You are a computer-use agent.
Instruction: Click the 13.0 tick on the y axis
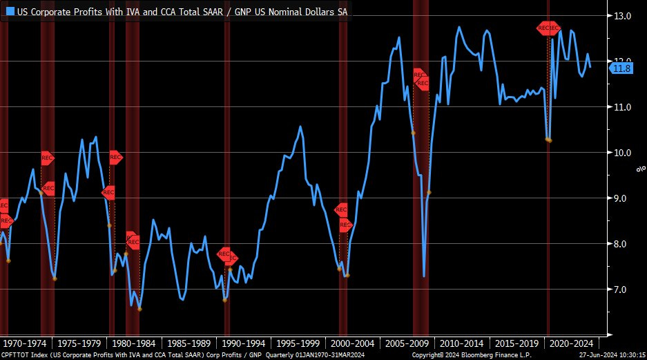click(624, 16)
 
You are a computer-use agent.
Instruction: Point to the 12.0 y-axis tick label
click(624, 61)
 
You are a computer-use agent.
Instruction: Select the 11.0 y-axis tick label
click(624, 107)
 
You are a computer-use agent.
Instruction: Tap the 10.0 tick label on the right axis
click(624, 153)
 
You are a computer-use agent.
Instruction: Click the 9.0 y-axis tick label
click(624, 198)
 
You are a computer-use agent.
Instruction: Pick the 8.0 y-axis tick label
click(624, 244)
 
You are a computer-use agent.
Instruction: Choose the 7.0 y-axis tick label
click(624, 290)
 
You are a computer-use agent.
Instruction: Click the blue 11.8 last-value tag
click(622, 68)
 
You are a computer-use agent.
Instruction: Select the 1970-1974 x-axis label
click(26, 343)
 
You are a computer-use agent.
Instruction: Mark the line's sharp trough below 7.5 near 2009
click(424, 276)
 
